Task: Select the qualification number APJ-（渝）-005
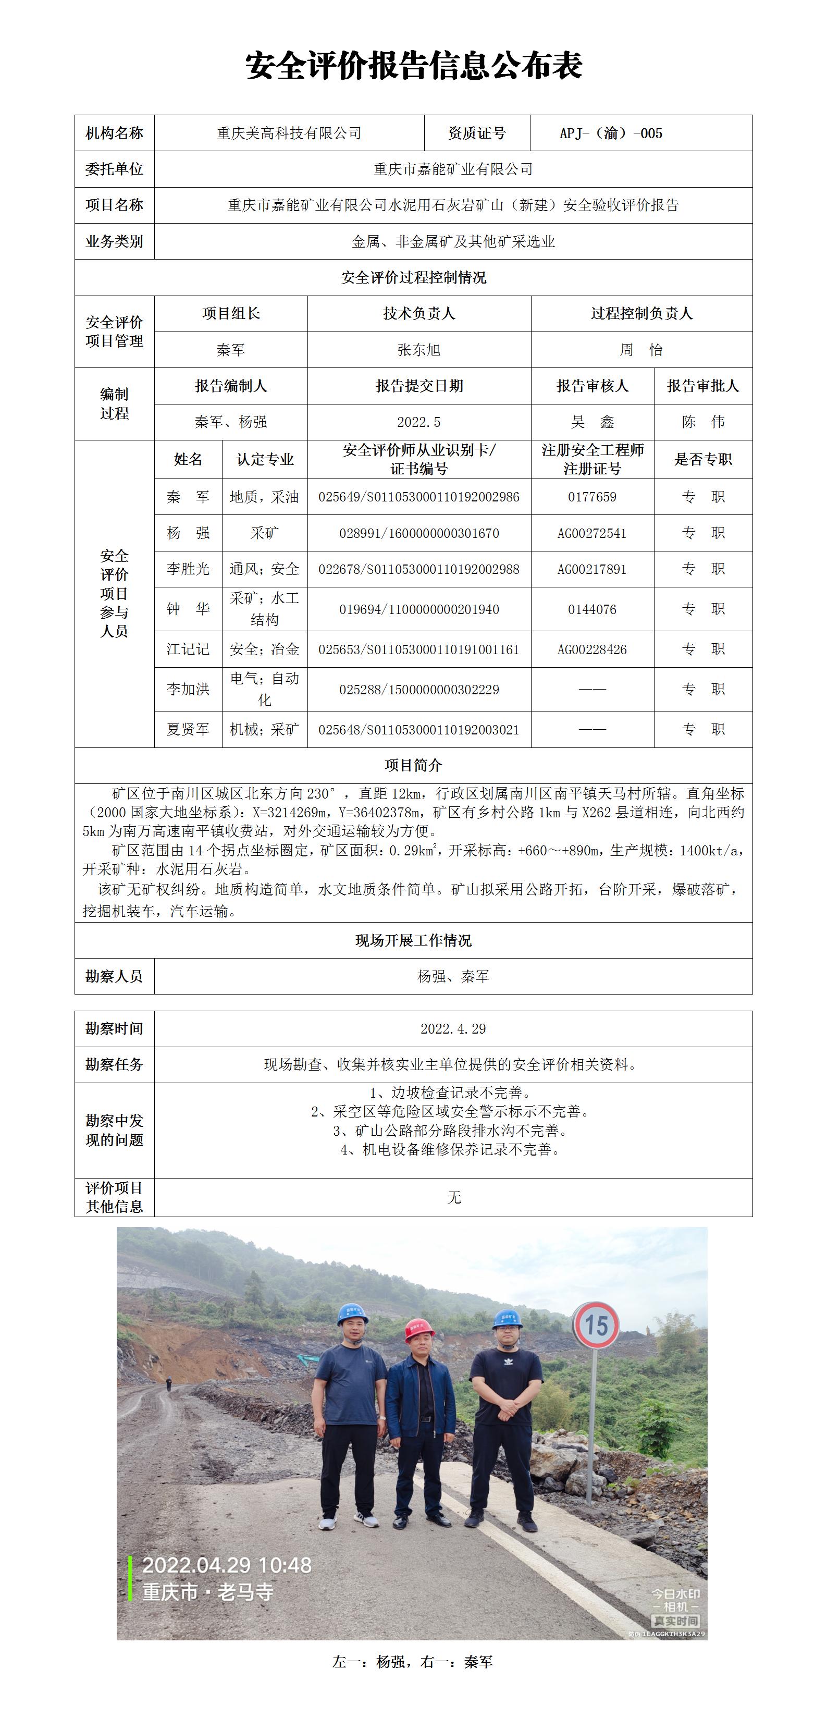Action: click(611, 133)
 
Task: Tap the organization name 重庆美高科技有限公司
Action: click(289, 133)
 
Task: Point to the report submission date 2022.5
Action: click(419, 422)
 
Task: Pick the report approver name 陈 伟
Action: click(703, 422)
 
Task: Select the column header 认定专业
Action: click(265, 460)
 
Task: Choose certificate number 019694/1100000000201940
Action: click(419, 609)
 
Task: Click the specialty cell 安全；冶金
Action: click(265, 649)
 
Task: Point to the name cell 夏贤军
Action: click(188, 730)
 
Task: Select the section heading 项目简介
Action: click(414, 766)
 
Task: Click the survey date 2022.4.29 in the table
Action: click(453, 1029)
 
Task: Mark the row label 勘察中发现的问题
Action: click(114, 1131)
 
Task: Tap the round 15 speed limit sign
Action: click(596, 1324)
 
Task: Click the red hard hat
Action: click(419, 1329)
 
